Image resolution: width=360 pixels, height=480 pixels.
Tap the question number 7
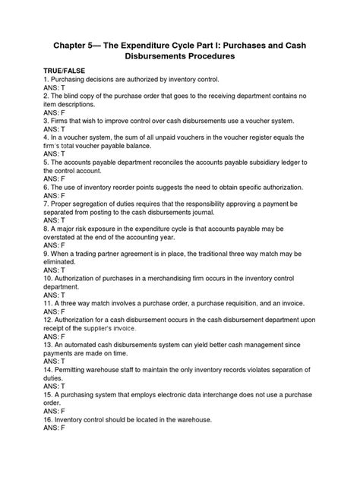click(46, 206)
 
